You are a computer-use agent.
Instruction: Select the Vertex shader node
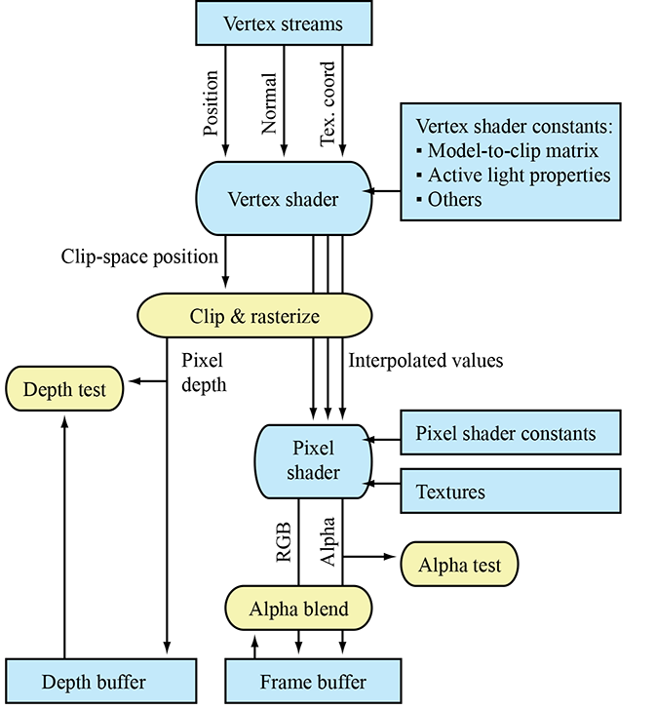283,200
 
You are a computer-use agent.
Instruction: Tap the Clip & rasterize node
255,315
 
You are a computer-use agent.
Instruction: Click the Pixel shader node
313,460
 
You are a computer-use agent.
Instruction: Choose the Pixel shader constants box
511,433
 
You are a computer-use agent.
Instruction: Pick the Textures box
511,492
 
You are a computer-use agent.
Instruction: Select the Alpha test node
459,564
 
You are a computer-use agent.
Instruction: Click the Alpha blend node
298,610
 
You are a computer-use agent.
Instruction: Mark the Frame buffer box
313,682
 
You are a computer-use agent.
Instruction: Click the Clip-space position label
139,257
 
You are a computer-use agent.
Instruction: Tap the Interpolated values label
426,361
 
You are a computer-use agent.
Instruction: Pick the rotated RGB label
282,541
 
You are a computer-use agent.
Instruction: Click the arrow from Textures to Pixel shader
384,482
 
